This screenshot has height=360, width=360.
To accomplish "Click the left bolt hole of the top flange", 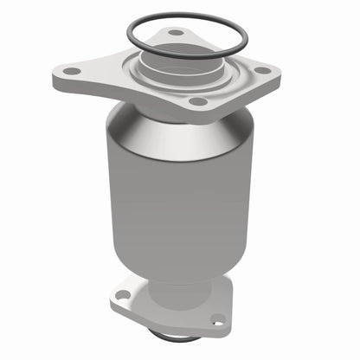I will pos(73,71).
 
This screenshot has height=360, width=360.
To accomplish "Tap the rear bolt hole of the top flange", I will pos(176,33).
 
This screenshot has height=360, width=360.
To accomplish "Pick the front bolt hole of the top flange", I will pos(198,101).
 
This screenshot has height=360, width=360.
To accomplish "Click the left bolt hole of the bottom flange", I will pos(122,295).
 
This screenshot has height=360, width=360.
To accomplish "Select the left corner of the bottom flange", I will pos(113,298).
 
